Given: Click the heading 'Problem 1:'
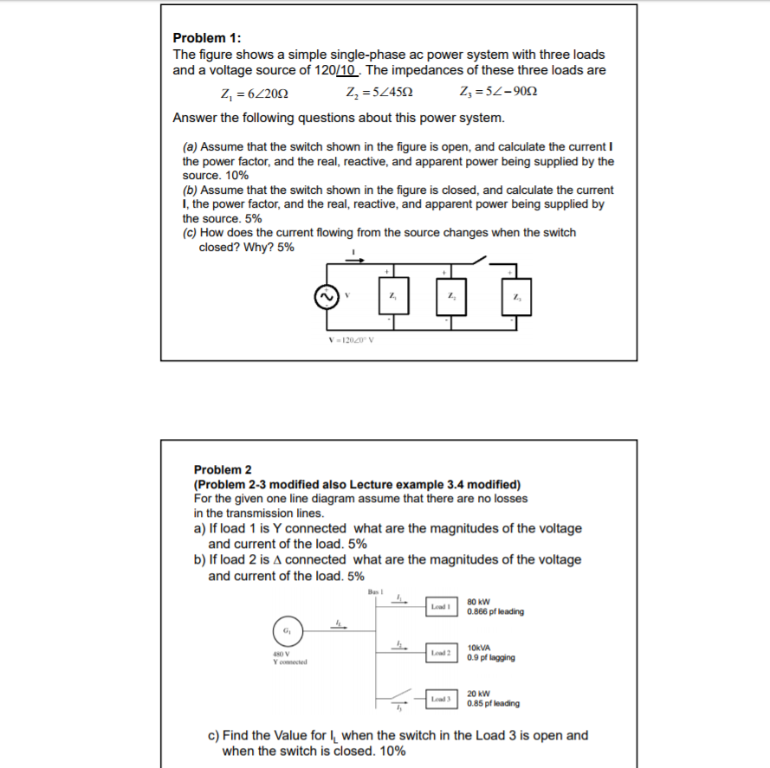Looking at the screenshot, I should [207, 38].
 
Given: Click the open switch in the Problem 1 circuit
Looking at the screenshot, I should [480, 259].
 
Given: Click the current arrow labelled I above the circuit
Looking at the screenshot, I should [356, 257].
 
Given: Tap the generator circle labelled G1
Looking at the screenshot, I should [284, 629].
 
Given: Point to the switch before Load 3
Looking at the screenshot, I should [401, 697].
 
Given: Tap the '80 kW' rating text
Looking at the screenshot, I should [479, 602].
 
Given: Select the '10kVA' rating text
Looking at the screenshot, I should [480, 648].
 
